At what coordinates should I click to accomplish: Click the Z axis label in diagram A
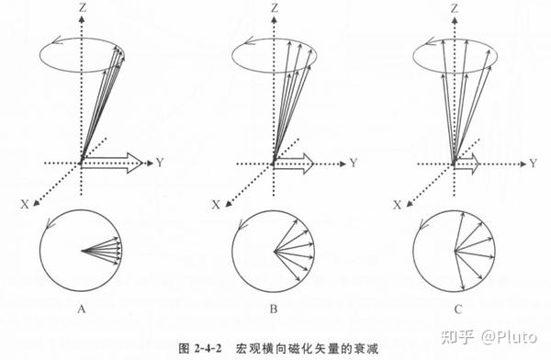click(83, 6)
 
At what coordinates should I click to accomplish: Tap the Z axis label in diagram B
click(274, 6)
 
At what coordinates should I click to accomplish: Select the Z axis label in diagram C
click(455, 6)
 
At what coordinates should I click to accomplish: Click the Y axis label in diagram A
click(160, 163)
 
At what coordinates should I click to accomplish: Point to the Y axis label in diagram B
click(354, 163)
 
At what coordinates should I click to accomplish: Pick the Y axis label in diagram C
click(534, 163)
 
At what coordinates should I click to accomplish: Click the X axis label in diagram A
click(25, 204)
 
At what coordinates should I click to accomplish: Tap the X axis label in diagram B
click(216, 204)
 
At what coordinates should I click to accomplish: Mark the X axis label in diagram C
click(397, 205)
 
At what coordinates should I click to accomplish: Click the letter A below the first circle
click(82, 309)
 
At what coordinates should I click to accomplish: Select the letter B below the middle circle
click(274, 309)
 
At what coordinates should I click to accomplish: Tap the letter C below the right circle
click(458, 309)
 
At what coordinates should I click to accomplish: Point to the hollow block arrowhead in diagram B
click(307, 163)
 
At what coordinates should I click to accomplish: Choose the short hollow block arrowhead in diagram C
click(474, 163)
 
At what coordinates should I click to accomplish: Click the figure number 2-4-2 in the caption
click(208, 349)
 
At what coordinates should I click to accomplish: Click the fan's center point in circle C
click(455, 251)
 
